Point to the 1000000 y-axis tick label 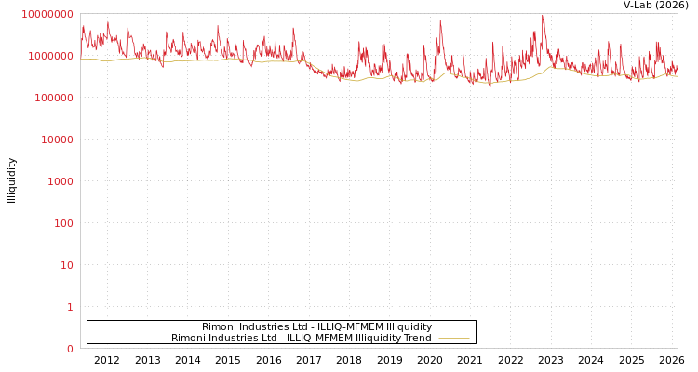pos(50,57)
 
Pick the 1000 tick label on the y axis pos(60,182)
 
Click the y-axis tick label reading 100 pos(62,224)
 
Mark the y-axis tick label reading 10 pos(66,266)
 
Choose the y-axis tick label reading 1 pos(69,308)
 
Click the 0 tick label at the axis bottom pos(69,350)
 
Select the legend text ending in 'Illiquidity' pos(316,327)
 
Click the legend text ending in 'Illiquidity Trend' pos(301,339)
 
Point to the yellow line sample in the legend pos(454,339)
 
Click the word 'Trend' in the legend pos(416,339)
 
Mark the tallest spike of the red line pos(543,15)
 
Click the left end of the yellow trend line pos(81,60)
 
